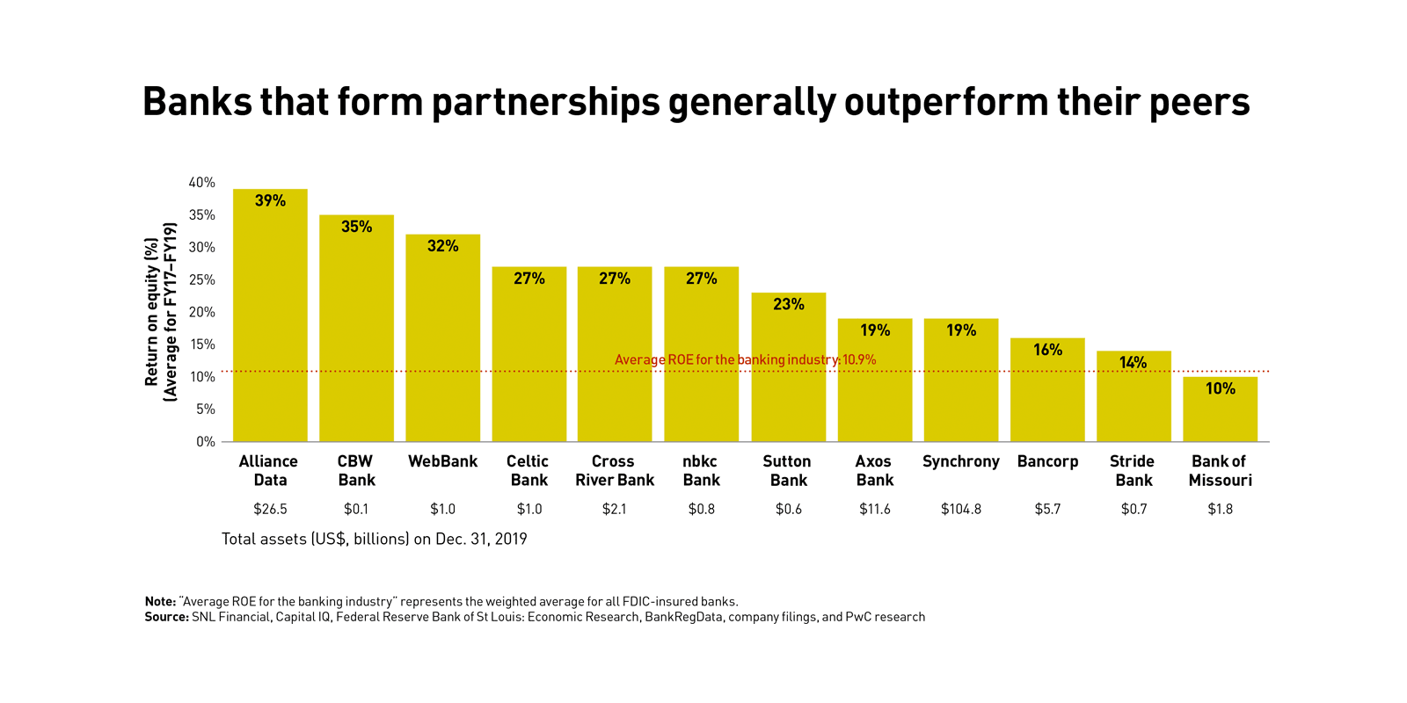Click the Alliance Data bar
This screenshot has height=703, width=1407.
tap(270, 325)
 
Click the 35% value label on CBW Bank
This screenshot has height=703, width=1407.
tap(356, 227)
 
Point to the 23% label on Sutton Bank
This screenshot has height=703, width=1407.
tap(788, 304)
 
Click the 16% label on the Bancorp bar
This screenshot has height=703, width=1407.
tap(1047, 350)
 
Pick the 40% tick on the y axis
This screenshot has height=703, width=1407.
tap(201, 183)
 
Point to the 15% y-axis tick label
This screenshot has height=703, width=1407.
tap(202, 344)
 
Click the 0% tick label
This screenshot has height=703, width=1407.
tap(206, 441)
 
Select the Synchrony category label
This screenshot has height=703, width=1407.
tap(960, 461)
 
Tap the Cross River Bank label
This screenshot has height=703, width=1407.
tap(614, 471)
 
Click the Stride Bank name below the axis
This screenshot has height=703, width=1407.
tap(1133, 471)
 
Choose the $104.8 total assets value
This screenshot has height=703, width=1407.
tap(960, 509)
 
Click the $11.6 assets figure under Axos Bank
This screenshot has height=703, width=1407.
tap(874, 509)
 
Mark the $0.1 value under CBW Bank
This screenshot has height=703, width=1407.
tap(356, 509)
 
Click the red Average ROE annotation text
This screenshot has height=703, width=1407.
tap(745, 359)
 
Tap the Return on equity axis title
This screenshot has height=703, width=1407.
tap(160, 312)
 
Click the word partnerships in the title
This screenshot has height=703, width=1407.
tap(545, 103)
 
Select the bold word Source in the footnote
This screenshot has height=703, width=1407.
tap(166, 617)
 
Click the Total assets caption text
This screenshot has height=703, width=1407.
tap(374, 539)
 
